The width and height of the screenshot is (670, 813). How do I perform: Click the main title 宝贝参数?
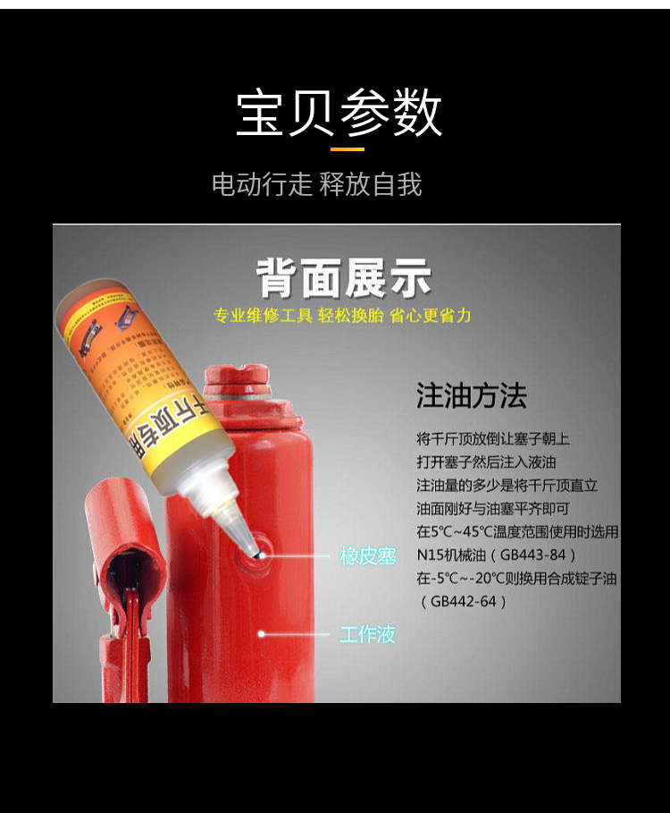pos(339,113)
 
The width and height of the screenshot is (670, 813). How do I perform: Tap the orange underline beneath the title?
pos(348,148)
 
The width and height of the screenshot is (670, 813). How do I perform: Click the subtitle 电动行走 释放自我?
pos(316,185)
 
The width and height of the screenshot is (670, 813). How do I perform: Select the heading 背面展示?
pos(344,278)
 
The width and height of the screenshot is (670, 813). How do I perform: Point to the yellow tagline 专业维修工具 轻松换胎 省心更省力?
pos(342,316)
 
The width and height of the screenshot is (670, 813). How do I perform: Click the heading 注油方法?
pos(471,396)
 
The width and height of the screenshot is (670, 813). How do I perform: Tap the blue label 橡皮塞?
pos(367,555)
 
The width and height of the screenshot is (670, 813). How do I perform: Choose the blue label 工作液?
pos(367,635)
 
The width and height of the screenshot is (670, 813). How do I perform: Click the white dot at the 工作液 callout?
pos(262,634)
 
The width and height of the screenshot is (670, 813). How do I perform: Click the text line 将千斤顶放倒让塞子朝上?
pos(492,439)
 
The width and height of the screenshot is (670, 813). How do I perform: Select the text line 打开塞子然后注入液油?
pos(486,462)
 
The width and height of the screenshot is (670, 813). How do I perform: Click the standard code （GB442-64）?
pos(464,601)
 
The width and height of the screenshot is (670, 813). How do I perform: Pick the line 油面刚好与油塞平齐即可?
pos(493,508)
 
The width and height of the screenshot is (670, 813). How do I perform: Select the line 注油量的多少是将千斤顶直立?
pos(507,486)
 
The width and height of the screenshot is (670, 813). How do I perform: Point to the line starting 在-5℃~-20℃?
pos(516,578)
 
